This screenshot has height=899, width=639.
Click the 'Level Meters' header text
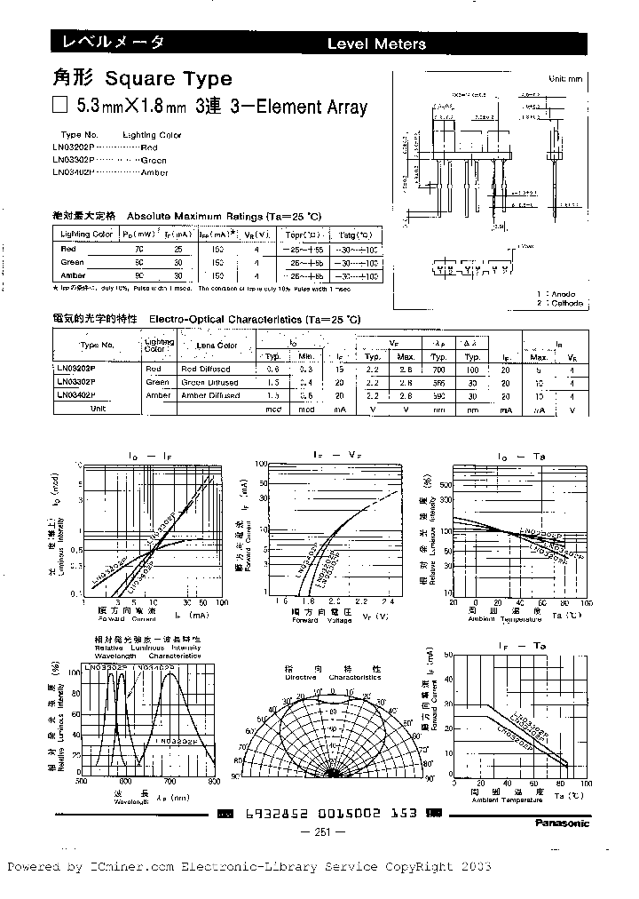376,44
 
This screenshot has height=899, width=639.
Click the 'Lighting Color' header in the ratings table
86,235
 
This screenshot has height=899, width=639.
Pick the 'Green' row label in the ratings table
73,263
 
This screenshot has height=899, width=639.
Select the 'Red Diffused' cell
205,368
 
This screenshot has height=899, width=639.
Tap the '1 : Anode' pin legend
556,294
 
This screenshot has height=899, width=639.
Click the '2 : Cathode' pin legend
559,303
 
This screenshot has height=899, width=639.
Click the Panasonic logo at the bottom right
559,823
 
